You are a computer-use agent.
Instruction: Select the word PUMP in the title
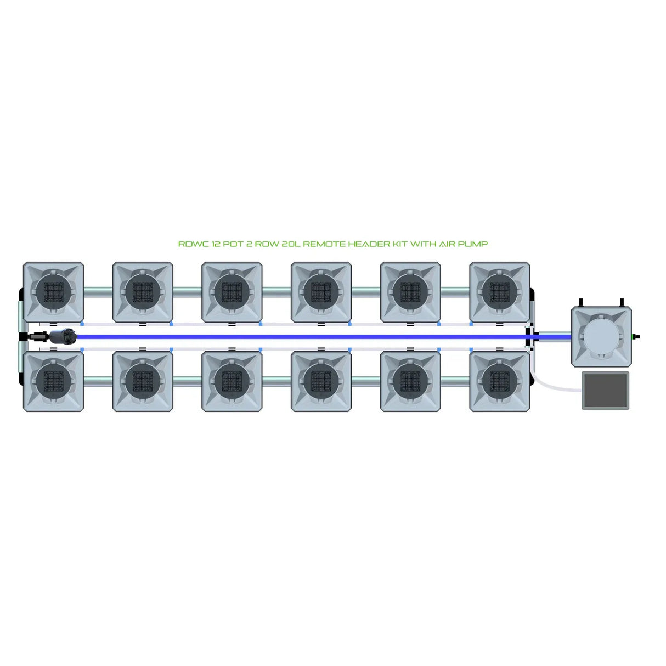pyautogui.click(x=473, y=244)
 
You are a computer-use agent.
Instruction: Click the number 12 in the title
pyautogui.click(x=215, y=244)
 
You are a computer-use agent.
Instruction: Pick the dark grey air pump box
pyautogui.click(x=606, y=390)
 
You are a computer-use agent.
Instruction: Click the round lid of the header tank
pyautogui.click(x=601, y=336)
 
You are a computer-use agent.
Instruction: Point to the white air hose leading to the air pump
pyautogui.click(x=554, y=387)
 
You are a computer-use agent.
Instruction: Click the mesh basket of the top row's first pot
pyautogui.click(x=54, y=291)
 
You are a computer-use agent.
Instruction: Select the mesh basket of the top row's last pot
pyautogui.click(x=499, y=291)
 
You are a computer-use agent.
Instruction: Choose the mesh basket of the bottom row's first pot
pyautogui.click(x=54, y=381)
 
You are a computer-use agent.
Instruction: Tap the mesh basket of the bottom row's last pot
pyautogui.click(x=499, y=381)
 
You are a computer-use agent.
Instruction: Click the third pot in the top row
pyautogui.click(x=232, y=291)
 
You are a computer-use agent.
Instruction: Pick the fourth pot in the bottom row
pyautogui.click(x=321, y=381)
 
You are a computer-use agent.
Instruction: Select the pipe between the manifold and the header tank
pyautogui.click(x=554, y=335)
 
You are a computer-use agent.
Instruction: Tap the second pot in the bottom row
pyautogui.click(x=143, y=381)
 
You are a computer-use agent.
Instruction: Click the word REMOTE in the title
pyautogui.click(x=326, y=244)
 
